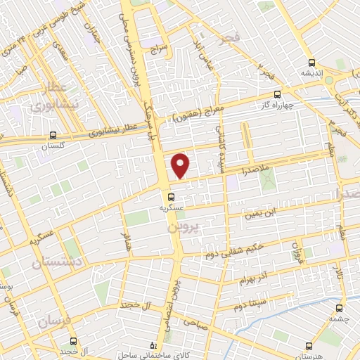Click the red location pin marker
181,166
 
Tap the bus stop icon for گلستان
53,136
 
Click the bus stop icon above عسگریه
172,197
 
